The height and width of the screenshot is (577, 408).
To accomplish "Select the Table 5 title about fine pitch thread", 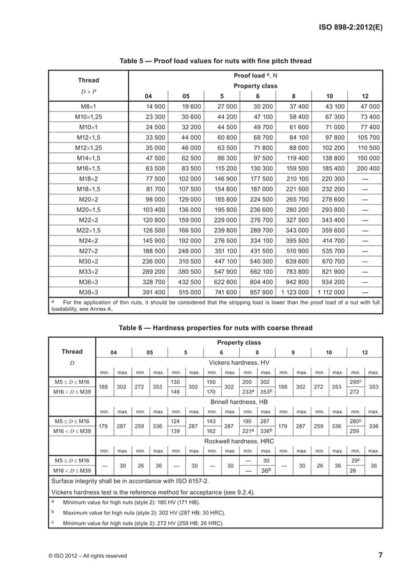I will click(x=216, y=61).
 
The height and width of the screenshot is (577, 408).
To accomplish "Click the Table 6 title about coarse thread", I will click(x=216, y=328).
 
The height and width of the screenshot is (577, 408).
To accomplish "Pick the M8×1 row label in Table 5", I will click(x=88, y=106).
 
